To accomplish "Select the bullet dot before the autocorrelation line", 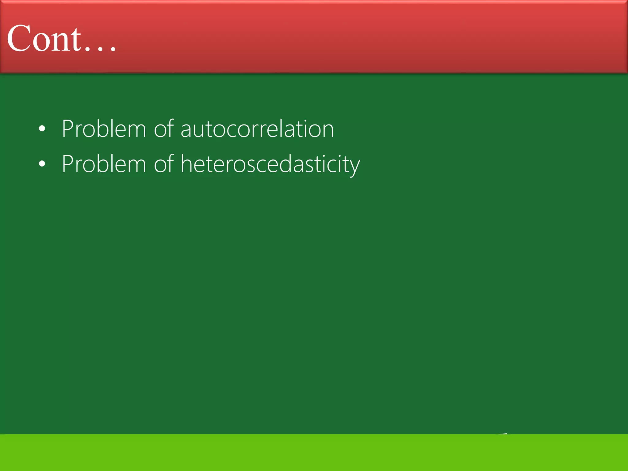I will coord(42,129).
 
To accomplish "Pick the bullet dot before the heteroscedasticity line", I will coord(42,164).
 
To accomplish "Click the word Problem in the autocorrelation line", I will coord(104,129).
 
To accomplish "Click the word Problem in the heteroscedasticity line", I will coord(104,164).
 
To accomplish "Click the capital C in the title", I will coord(18,39).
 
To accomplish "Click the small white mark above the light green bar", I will coord(502,434).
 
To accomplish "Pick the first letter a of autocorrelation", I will coord(186,130).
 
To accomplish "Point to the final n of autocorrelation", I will coord(327,130).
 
